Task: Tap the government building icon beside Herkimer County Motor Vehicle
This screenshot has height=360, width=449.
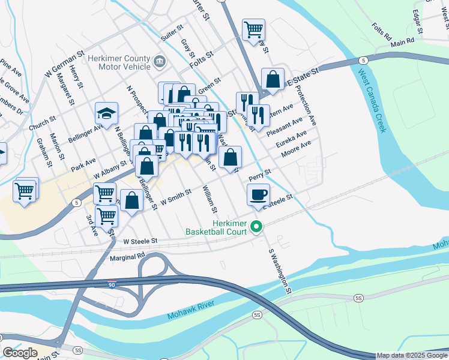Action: click(160, 61)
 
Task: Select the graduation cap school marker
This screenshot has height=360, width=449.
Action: click(106, 113)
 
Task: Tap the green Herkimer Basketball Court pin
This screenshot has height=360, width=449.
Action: click(257, 227)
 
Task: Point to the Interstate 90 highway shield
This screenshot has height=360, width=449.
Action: click(111, 281)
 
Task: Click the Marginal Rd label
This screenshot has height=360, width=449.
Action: click(128, 256)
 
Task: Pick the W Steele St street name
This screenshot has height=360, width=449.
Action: click(140, 241)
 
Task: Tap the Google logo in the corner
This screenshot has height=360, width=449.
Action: click(20, 352)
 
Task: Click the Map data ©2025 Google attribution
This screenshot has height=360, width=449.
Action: click(412, 355)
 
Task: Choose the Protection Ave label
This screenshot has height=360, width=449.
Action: click(308, 102)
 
